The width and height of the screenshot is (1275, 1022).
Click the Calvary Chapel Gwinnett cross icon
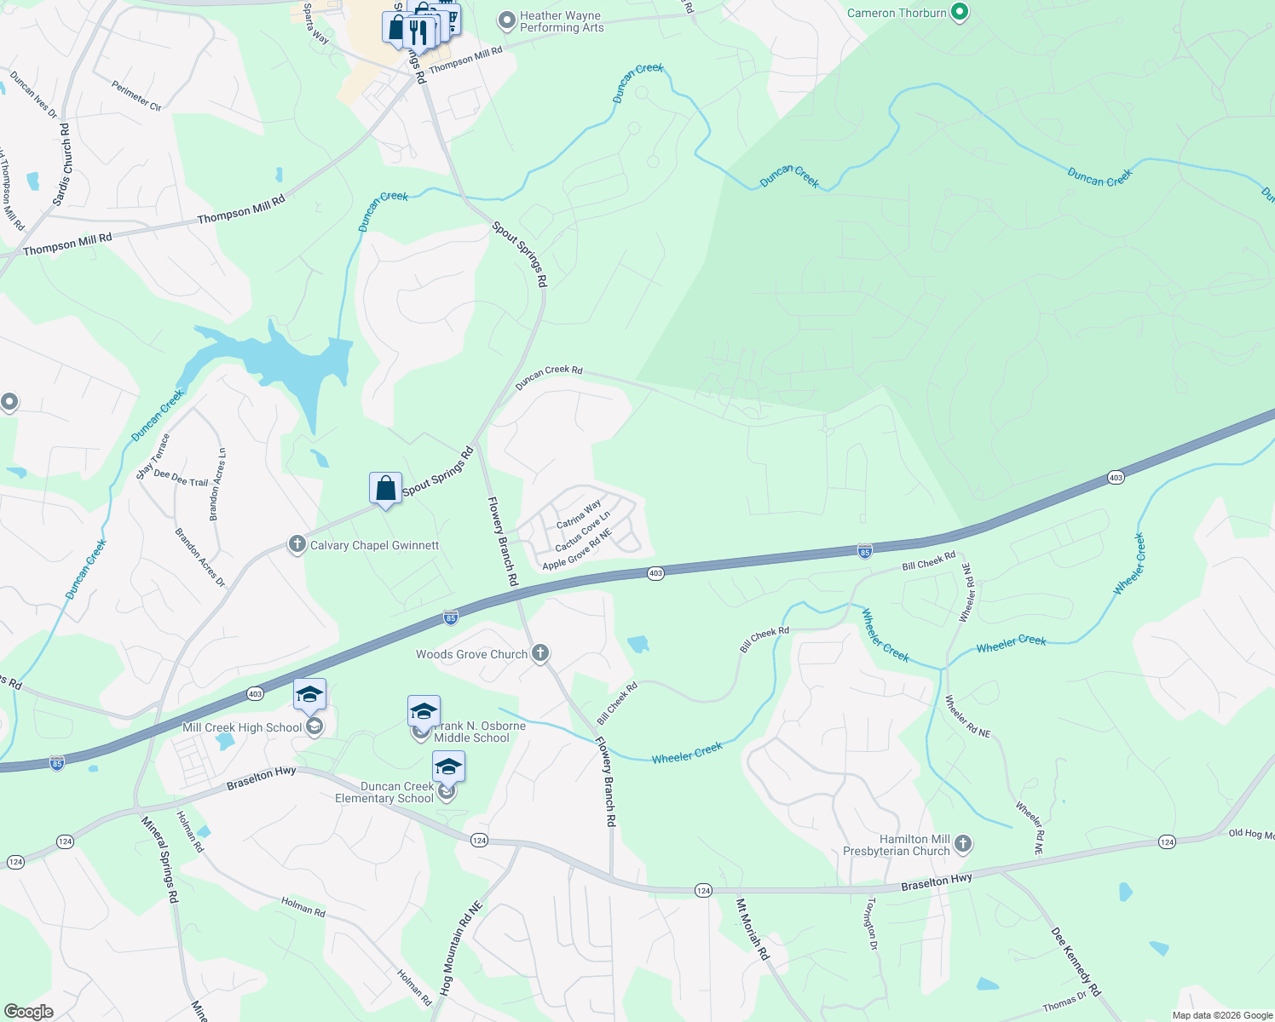point(297,544)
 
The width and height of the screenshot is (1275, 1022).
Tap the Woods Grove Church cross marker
point(539,653)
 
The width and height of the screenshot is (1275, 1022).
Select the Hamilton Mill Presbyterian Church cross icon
point(963,844)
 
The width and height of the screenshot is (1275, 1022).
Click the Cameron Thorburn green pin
point(960,13)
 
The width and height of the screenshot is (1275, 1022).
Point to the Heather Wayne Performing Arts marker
point(507,20)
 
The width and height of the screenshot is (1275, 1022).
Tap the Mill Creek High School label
point(242,727)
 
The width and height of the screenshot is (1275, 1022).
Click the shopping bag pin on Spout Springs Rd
point(385,489)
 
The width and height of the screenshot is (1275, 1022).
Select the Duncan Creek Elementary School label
point(384,792)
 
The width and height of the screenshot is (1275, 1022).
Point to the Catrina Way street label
point(579,514)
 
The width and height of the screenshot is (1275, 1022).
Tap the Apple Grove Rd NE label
point(577,551)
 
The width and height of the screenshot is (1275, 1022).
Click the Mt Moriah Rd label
point(752,929)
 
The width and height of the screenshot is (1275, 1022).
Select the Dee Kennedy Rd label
point(1076,962)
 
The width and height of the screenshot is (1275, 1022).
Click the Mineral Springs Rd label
point(159,859)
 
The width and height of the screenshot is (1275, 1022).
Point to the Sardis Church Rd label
point(61,164)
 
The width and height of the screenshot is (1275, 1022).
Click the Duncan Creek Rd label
point(549,376)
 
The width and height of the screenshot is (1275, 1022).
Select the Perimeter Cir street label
point(136,95)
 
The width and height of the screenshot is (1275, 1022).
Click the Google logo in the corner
point(29,1012)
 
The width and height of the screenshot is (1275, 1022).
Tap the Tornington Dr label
point(871,922)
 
